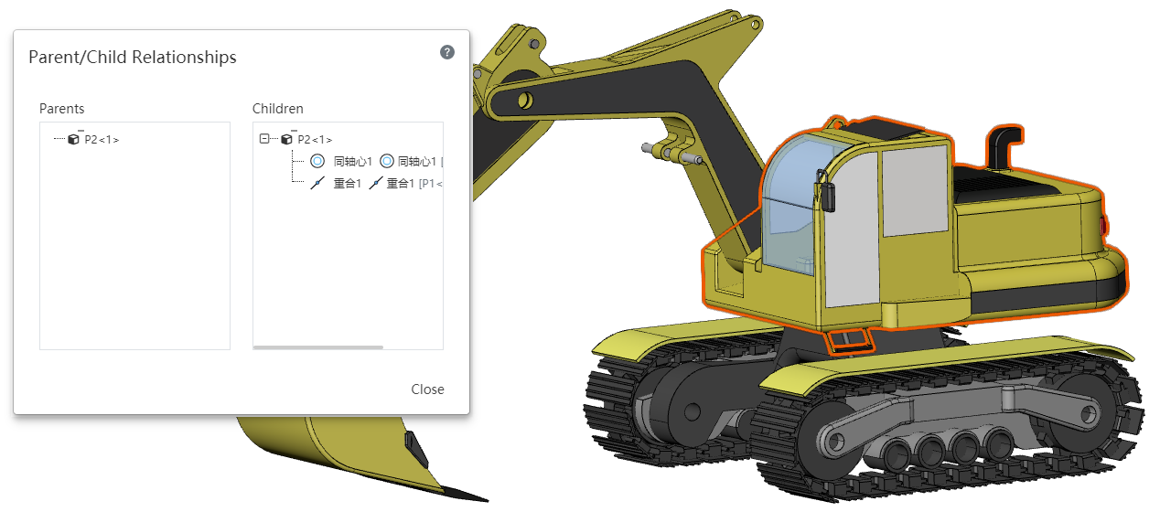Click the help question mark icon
[447, 52]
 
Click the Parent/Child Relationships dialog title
[133, 57]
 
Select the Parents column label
[61, 109]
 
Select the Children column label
[277, 109]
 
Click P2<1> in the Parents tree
[102, 140]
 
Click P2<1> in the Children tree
[315, 140]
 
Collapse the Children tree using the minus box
[264, 139]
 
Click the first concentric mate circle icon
[317, 162]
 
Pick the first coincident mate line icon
[317, 183]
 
